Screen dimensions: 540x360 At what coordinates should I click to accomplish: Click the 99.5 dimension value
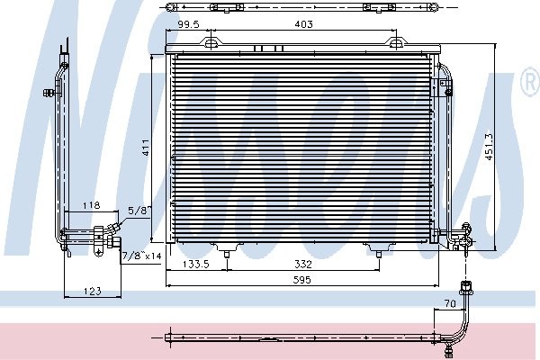[x=188, y=24]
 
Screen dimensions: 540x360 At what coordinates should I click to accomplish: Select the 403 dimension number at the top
[x=304, y=24]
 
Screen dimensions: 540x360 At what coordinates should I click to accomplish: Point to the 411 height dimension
[x=146, y=148]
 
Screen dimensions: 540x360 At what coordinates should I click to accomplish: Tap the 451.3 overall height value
[x=489, y=147]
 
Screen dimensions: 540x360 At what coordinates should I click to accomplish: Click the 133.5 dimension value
[x=196, y=265]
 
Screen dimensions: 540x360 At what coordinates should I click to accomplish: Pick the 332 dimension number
[x=303, y=265]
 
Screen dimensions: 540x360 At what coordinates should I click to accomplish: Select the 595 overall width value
[x=301, y=280]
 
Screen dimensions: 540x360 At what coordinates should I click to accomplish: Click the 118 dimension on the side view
[x=91, y=205]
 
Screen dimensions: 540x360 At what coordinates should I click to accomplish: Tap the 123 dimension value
[x=93, y=292]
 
